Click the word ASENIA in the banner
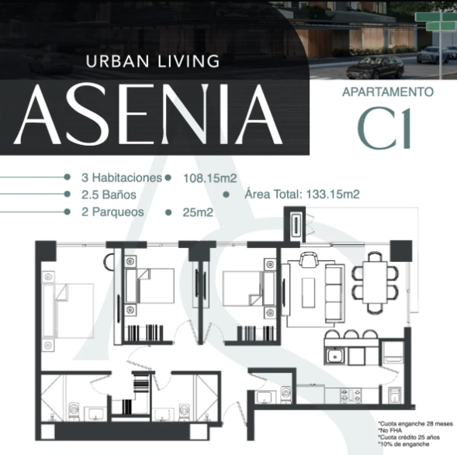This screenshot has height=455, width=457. [148, 114]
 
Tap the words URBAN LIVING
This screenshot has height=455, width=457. [153, 61]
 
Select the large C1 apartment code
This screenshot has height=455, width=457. [384, 129]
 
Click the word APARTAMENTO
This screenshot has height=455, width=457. [388, 92]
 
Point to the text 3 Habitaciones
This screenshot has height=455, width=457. [122, 178]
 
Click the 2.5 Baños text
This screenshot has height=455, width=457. [109, 195]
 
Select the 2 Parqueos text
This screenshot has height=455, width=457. [113, 212]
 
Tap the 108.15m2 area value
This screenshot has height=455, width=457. [209, 178]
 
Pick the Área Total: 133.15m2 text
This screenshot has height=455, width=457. [303, 194]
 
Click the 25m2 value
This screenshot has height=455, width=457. [198, 212]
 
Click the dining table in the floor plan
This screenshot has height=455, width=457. [375, 282]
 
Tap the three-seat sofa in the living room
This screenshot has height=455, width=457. [335, 295]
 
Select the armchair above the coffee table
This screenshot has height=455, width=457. [309, 260]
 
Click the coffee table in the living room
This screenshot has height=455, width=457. [308, 292]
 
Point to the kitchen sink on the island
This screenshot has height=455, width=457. [335, 356]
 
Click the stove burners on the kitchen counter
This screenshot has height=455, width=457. [351, 395]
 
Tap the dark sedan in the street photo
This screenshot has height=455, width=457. [375, 67]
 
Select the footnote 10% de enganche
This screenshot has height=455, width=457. [403, 444]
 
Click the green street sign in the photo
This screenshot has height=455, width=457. [436, 22]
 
